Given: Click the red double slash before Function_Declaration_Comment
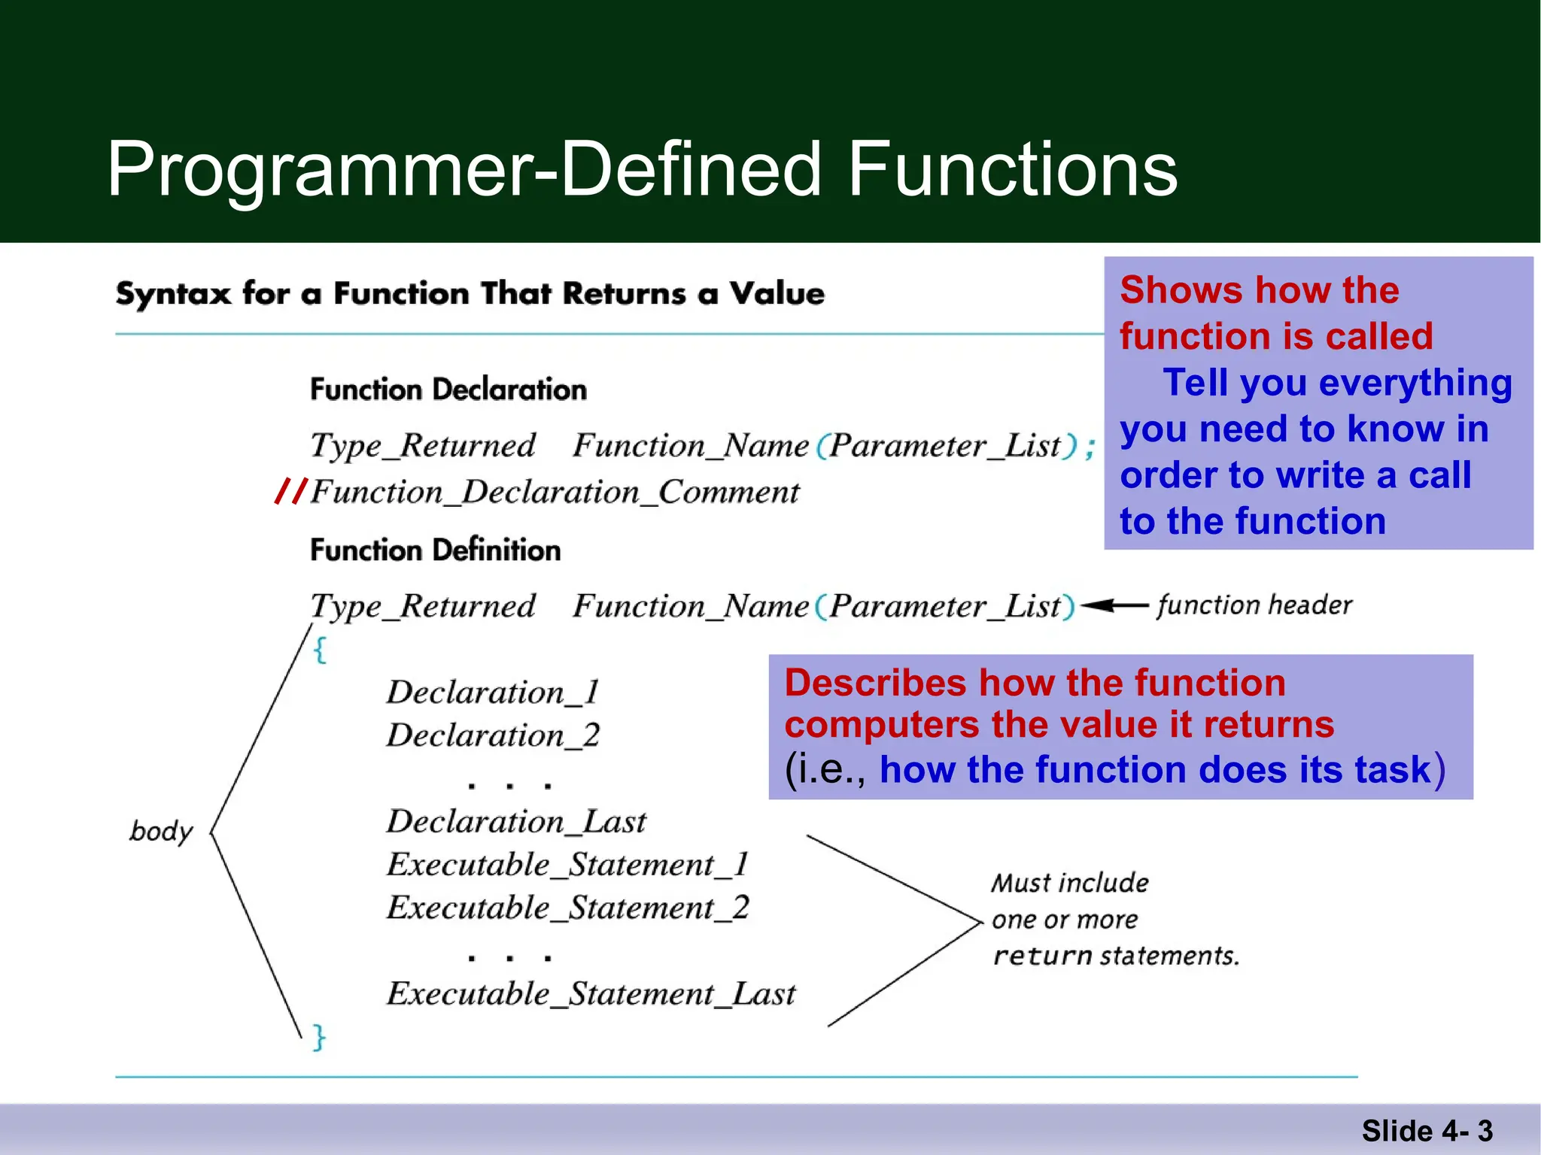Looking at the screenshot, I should [x=291, y=491].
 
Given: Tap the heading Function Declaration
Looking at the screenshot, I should [x=448, y=390].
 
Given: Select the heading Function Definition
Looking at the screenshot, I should [x=436, y=550].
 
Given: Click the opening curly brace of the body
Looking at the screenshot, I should [x=320, y=650].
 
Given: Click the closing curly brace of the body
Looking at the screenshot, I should [x=319, y=1037].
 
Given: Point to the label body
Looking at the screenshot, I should [x=161, y=832].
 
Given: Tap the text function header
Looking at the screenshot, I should [x=1254, y=605].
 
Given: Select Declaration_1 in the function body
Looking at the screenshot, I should [x=493, y=692].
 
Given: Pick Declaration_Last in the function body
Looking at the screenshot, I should [x=516, y=821].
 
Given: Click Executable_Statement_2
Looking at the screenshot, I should [x=568, y=908].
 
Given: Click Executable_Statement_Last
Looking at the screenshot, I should [x=591, y=994].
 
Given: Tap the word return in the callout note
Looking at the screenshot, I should [x=1042, y=956].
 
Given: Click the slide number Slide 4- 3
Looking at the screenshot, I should [x=1427, y=1131].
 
